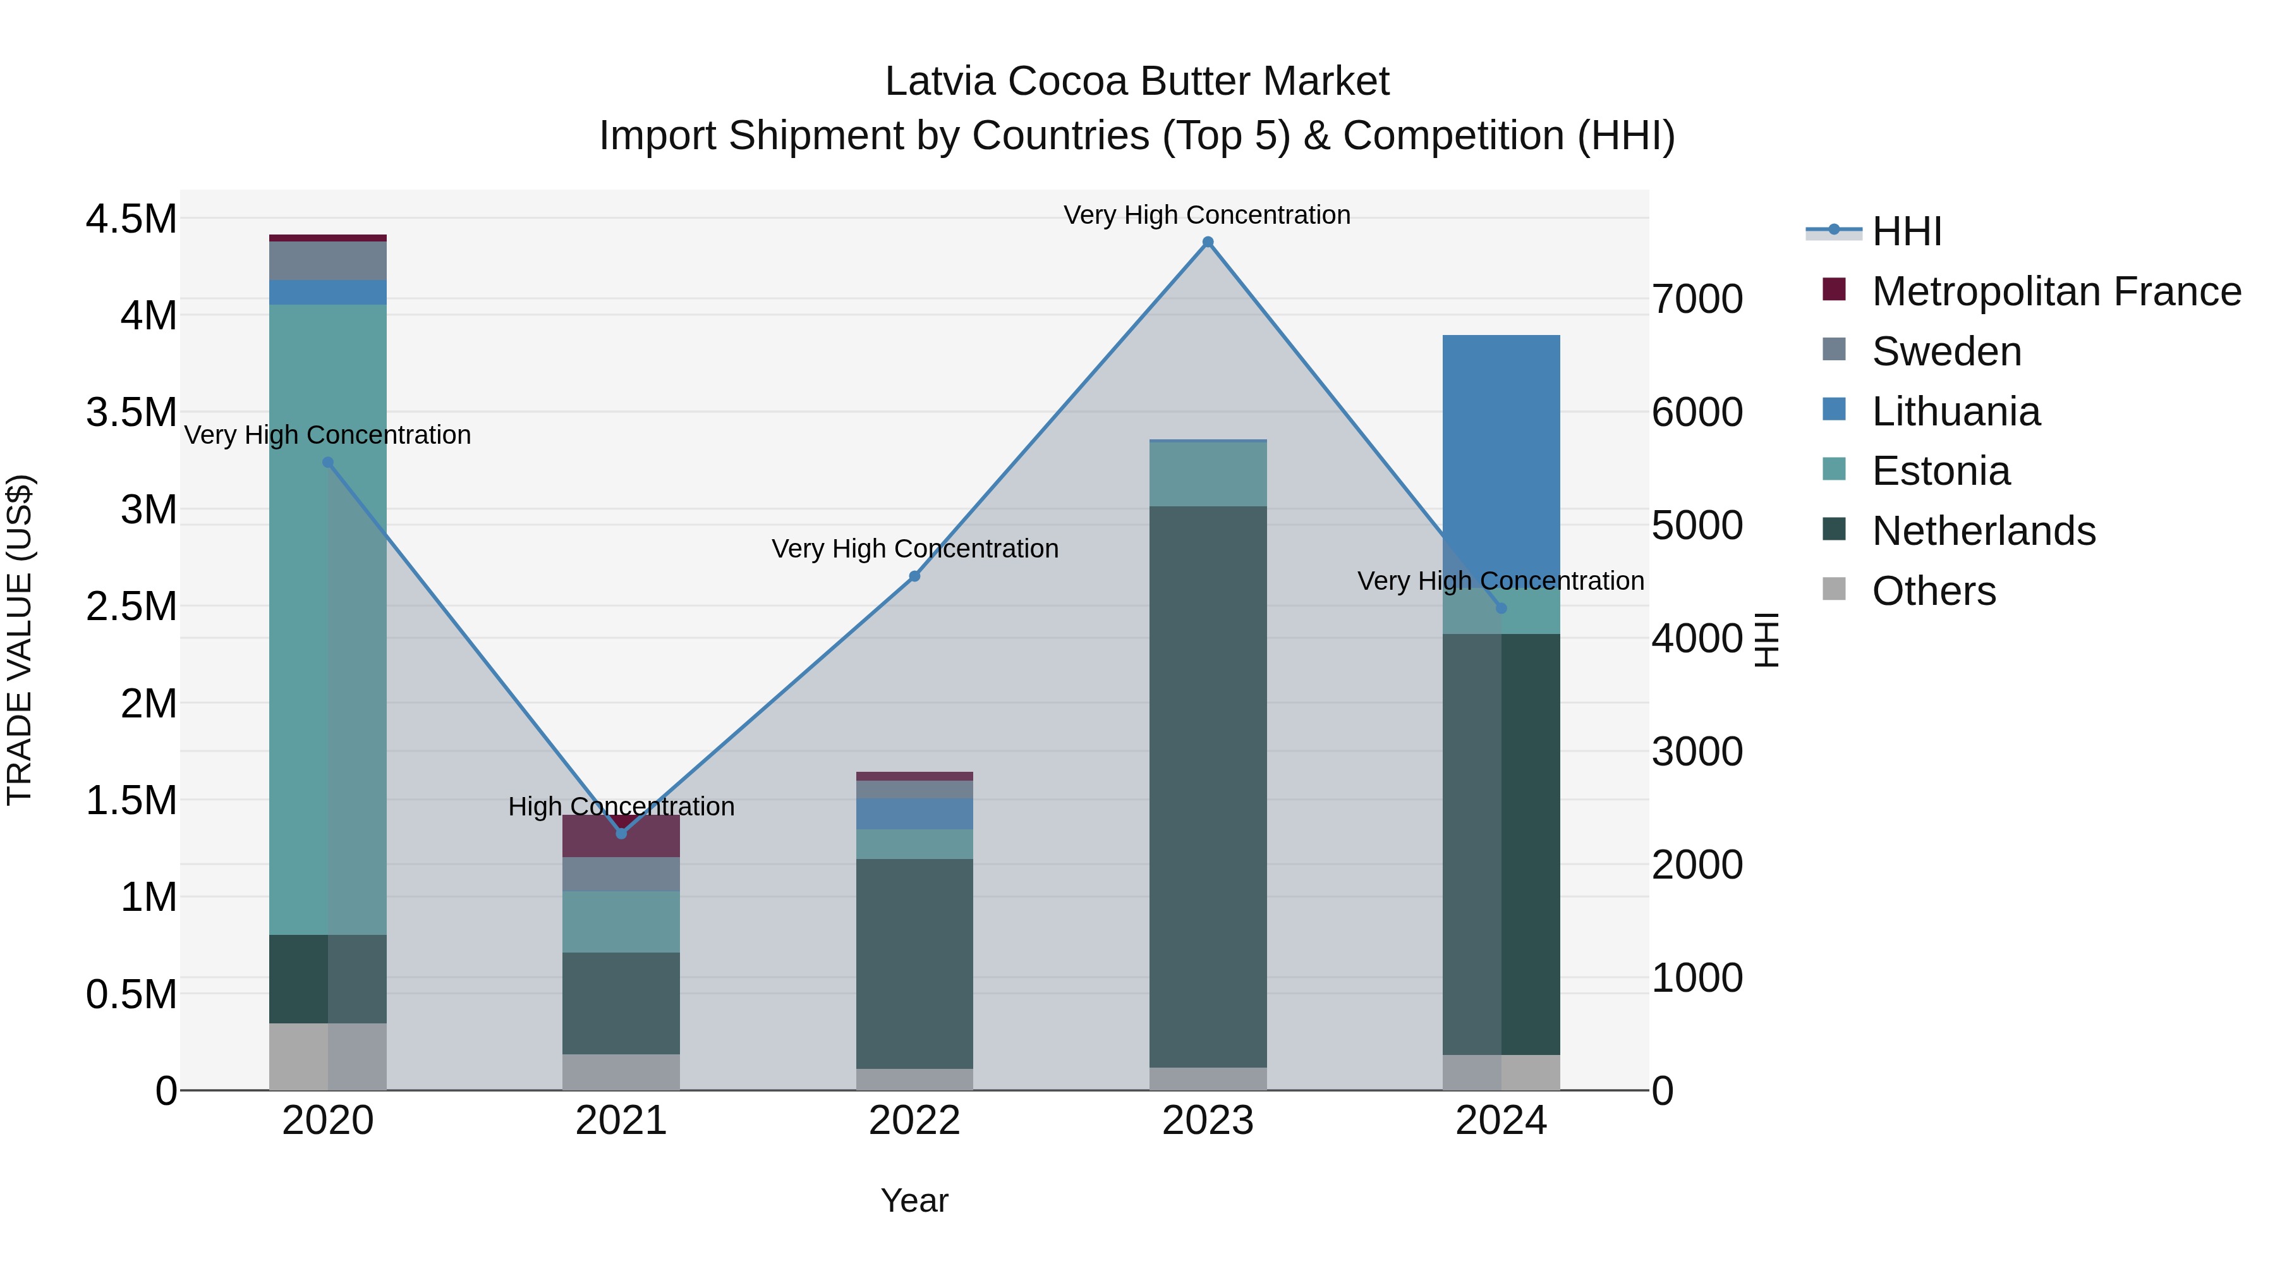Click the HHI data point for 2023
tap(1207, 242)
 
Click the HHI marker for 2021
tap(621, 833)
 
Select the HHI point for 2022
tap(914, 576)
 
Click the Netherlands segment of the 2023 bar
tap(1207, 786)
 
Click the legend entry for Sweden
tap(1946, 351)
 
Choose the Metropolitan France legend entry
tap(2055, 291)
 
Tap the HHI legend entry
tap(1906, 231)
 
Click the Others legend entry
tap(1932, 591)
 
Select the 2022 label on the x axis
tap(914, 1121)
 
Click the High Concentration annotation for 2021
tap(621, 806)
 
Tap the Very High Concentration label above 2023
tap(1206, 215)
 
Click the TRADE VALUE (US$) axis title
tap(20, 640)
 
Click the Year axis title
tap(914, 1200)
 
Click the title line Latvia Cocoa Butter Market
tap(1137, 82)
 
